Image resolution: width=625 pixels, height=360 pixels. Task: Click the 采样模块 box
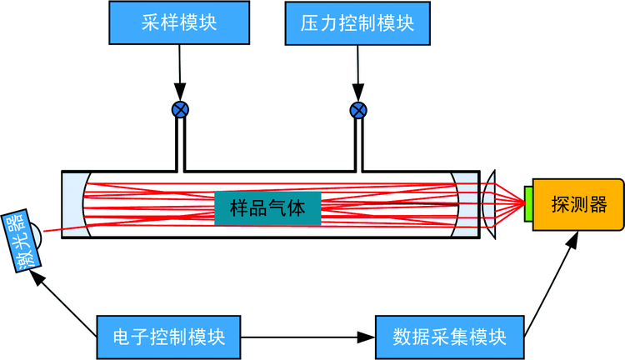point(179,22)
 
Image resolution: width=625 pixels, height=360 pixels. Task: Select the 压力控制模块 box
point(357,22)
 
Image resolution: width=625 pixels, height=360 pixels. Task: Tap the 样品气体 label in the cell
point(267,208)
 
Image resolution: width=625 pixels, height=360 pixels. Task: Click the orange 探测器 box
point(578,204)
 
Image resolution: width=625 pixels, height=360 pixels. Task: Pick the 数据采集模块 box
point(450,337)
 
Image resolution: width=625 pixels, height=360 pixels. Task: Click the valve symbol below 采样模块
point(179,109)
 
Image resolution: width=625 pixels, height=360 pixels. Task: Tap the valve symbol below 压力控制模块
point(358,109)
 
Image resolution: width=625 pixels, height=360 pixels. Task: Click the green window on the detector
point(529,205)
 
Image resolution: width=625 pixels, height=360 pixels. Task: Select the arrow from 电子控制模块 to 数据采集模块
point(308,337)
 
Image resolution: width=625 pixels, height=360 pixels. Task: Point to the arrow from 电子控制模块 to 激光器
point(67,304)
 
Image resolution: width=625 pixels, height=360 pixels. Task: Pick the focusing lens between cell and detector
point(490,205)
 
